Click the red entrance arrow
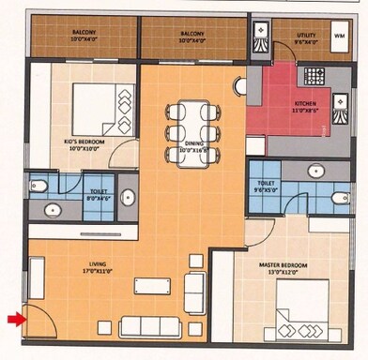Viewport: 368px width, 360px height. (13, 320)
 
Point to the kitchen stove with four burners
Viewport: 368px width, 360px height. (314, 75)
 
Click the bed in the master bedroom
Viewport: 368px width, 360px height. (310, 317)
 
